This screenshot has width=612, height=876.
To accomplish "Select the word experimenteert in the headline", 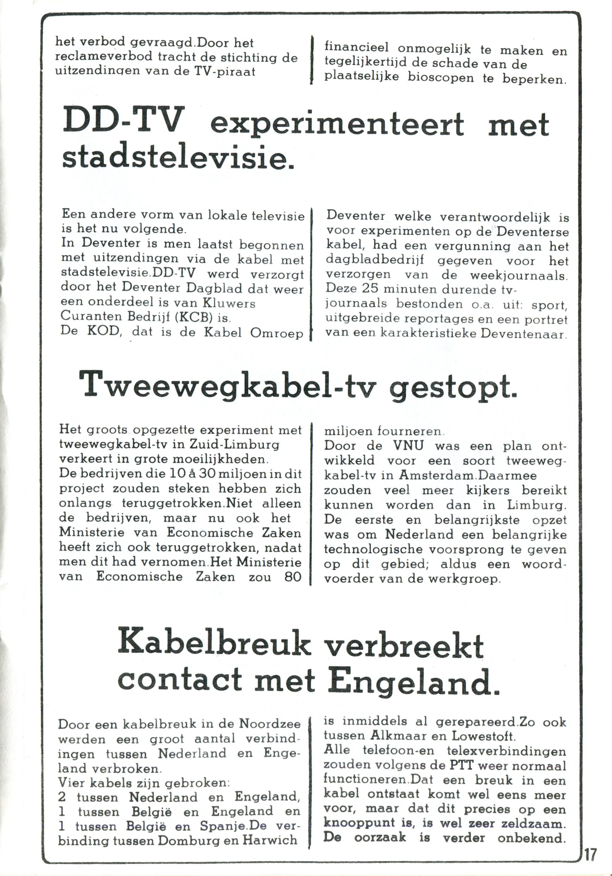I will pyautogui.click(x=337, y=125).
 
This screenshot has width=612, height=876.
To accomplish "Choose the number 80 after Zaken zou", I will pyautogui.click(x=292, y=576).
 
